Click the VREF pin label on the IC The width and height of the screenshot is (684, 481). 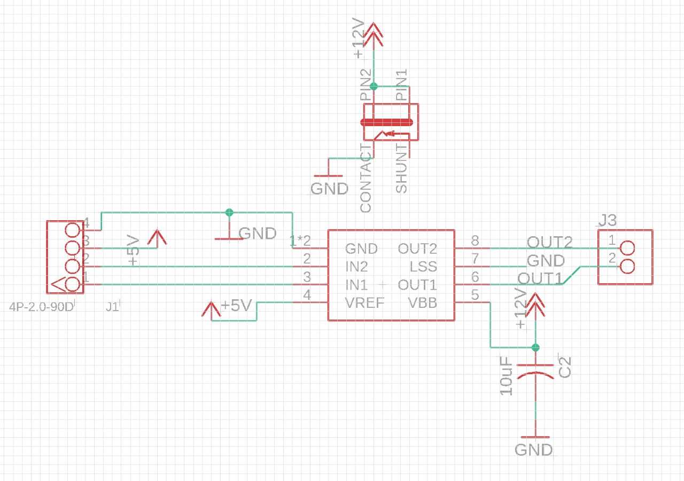coord(364,304)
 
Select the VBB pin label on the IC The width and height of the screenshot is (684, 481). coord(422,304)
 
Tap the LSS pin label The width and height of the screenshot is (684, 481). coord(423,266)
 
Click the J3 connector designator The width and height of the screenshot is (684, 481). coord(608,220)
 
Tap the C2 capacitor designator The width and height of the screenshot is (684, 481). coord(565,366)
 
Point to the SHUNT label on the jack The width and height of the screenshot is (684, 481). coord(401,168)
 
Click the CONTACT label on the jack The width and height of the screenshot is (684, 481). coord(366,178)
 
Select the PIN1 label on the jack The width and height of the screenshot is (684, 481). coord(401,86)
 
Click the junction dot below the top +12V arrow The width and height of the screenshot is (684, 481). coord(374,86)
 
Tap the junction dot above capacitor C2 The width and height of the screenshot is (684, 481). coord(535,347)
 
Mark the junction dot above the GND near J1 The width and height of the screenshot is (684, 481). coord(229,212)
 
